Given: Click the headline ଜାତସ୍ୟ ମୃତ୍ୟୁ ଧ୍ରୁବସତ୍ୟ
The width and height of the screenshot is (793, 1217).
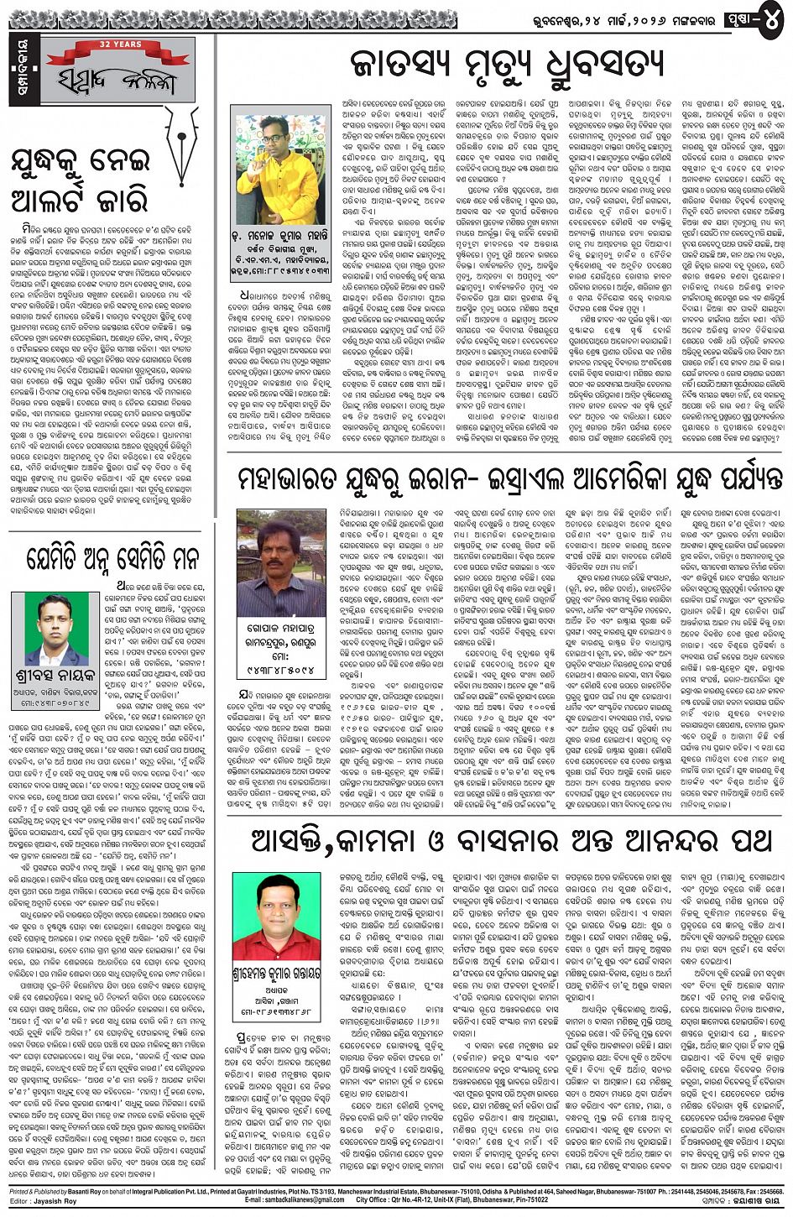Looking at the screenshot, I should [x=506, y=65].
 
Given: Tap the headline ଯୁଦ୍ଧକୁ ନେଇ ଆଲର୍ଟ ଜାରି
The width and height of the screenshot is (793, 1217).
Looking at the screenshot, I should [x=81, y=181].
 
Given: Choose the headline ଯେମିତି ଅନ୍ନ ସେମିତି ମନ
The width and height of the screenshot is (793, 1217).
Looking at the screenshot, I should [x=112, y=559].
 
